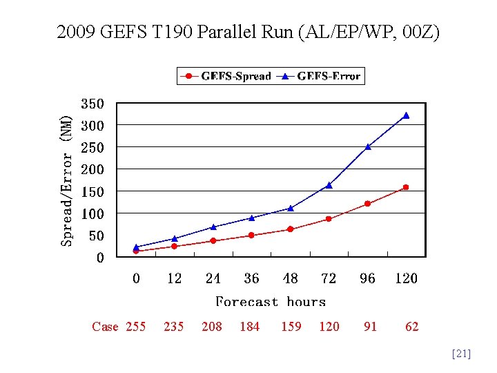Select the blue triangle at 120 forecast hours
point(406,115)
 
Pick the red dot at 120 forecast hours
point(406,187)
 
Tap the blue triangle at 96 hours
point(368,146)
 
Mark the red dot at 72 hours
point(329,219)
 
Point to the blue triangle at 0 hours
point(136,247)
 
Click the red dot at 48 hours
point(290,229)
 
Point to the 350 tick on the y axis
point(92,104)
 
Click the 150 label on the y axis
point(92,191)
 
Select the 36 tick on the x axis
point(251,278)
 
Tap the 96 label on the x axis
point(367,278)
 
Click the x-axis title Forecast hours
point(271,302)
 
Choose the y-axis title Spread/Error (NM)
point(66,181)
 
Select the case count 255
point(136,327)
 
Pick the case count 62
point(411,327)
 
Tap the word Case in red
point(105,327)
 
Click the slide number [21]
point(460,354)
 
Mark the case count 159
point(291,327)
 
